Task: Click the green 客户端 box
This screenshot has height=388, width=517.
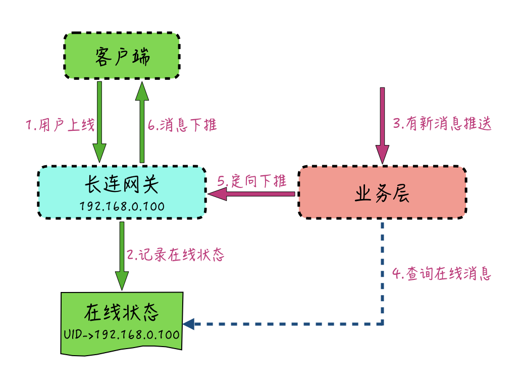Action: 122,56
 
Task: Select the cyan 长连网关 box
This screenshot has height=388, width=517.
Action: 122,192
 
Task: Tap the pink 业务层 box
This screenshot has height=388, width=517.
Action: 382,192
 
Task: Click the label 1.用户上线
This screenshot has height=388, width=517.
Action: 60,125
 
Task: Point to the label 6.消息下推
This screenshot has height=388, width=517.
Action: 182,125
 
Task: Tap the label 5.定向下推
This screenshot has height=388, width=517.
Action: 251,181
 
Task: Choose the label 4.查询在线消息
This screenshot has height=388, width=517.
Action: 442,274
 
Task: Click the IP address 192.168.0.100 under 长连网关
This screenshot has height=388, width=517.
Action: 122,207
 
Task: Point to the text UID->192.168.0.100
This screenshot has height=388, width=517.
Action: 122,334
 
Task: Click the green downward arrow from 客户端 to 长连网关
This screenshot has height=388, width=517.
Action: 99,121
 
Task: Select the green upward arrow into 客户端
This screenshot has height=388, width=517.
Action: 142,121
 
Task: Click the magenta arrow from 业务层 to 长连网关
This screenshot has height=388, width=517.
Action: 252,193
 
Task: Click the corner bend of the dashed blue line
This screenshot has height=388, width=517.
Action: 382,323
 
